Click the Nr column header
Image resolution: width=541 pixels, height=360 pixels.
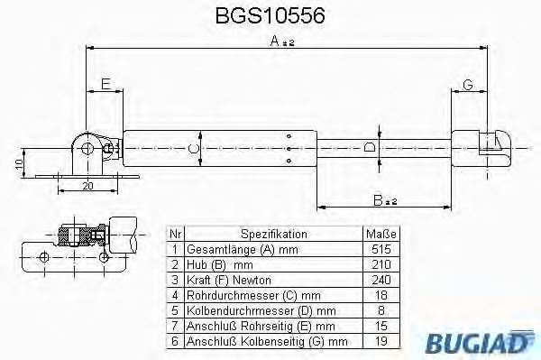pyautogui.click(x=175, y=233)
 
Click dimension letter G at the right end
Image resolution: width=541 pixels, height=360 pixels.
pyautogui.click(x=467, y=85)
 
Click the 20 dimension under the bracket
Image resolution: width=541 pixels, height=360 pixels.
pyautogui.click(x=87, y=185)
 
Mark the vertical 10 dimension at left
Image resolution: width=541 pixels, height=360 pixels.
pyautogui.click(x=19, y=163)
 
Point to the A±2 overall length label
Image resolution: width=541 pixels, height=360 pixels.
pyautogui.click(x=281, y=41)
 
